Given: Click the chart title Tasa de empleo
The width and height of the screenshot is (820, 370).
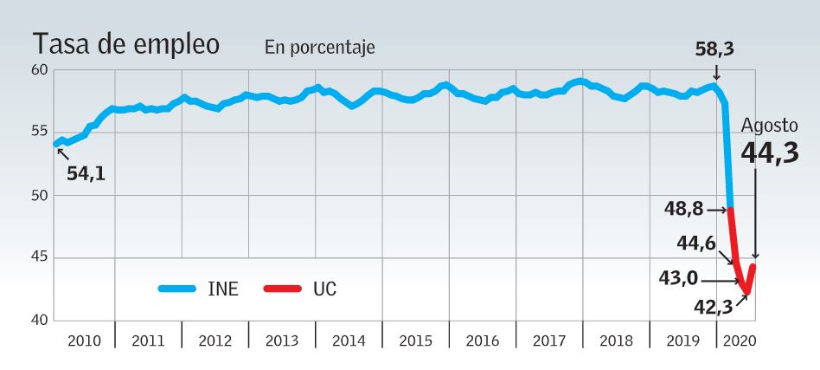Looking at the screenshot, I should (125, 45).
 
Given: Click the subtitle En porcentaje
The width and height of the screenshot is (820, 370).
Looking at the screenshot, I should (319, 49).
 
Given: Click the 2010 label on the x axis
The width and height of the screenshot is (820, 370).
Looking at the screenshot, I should (84, 341).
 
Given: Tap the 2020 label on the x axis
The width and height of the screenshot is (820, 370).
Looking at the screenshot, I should (740, 341).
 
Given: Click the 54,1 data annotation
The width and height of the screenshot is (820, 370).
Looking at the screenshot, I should (86, 173).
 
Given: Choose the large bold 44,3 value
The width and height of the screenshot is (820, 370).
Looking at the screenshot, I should (770, 153).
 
